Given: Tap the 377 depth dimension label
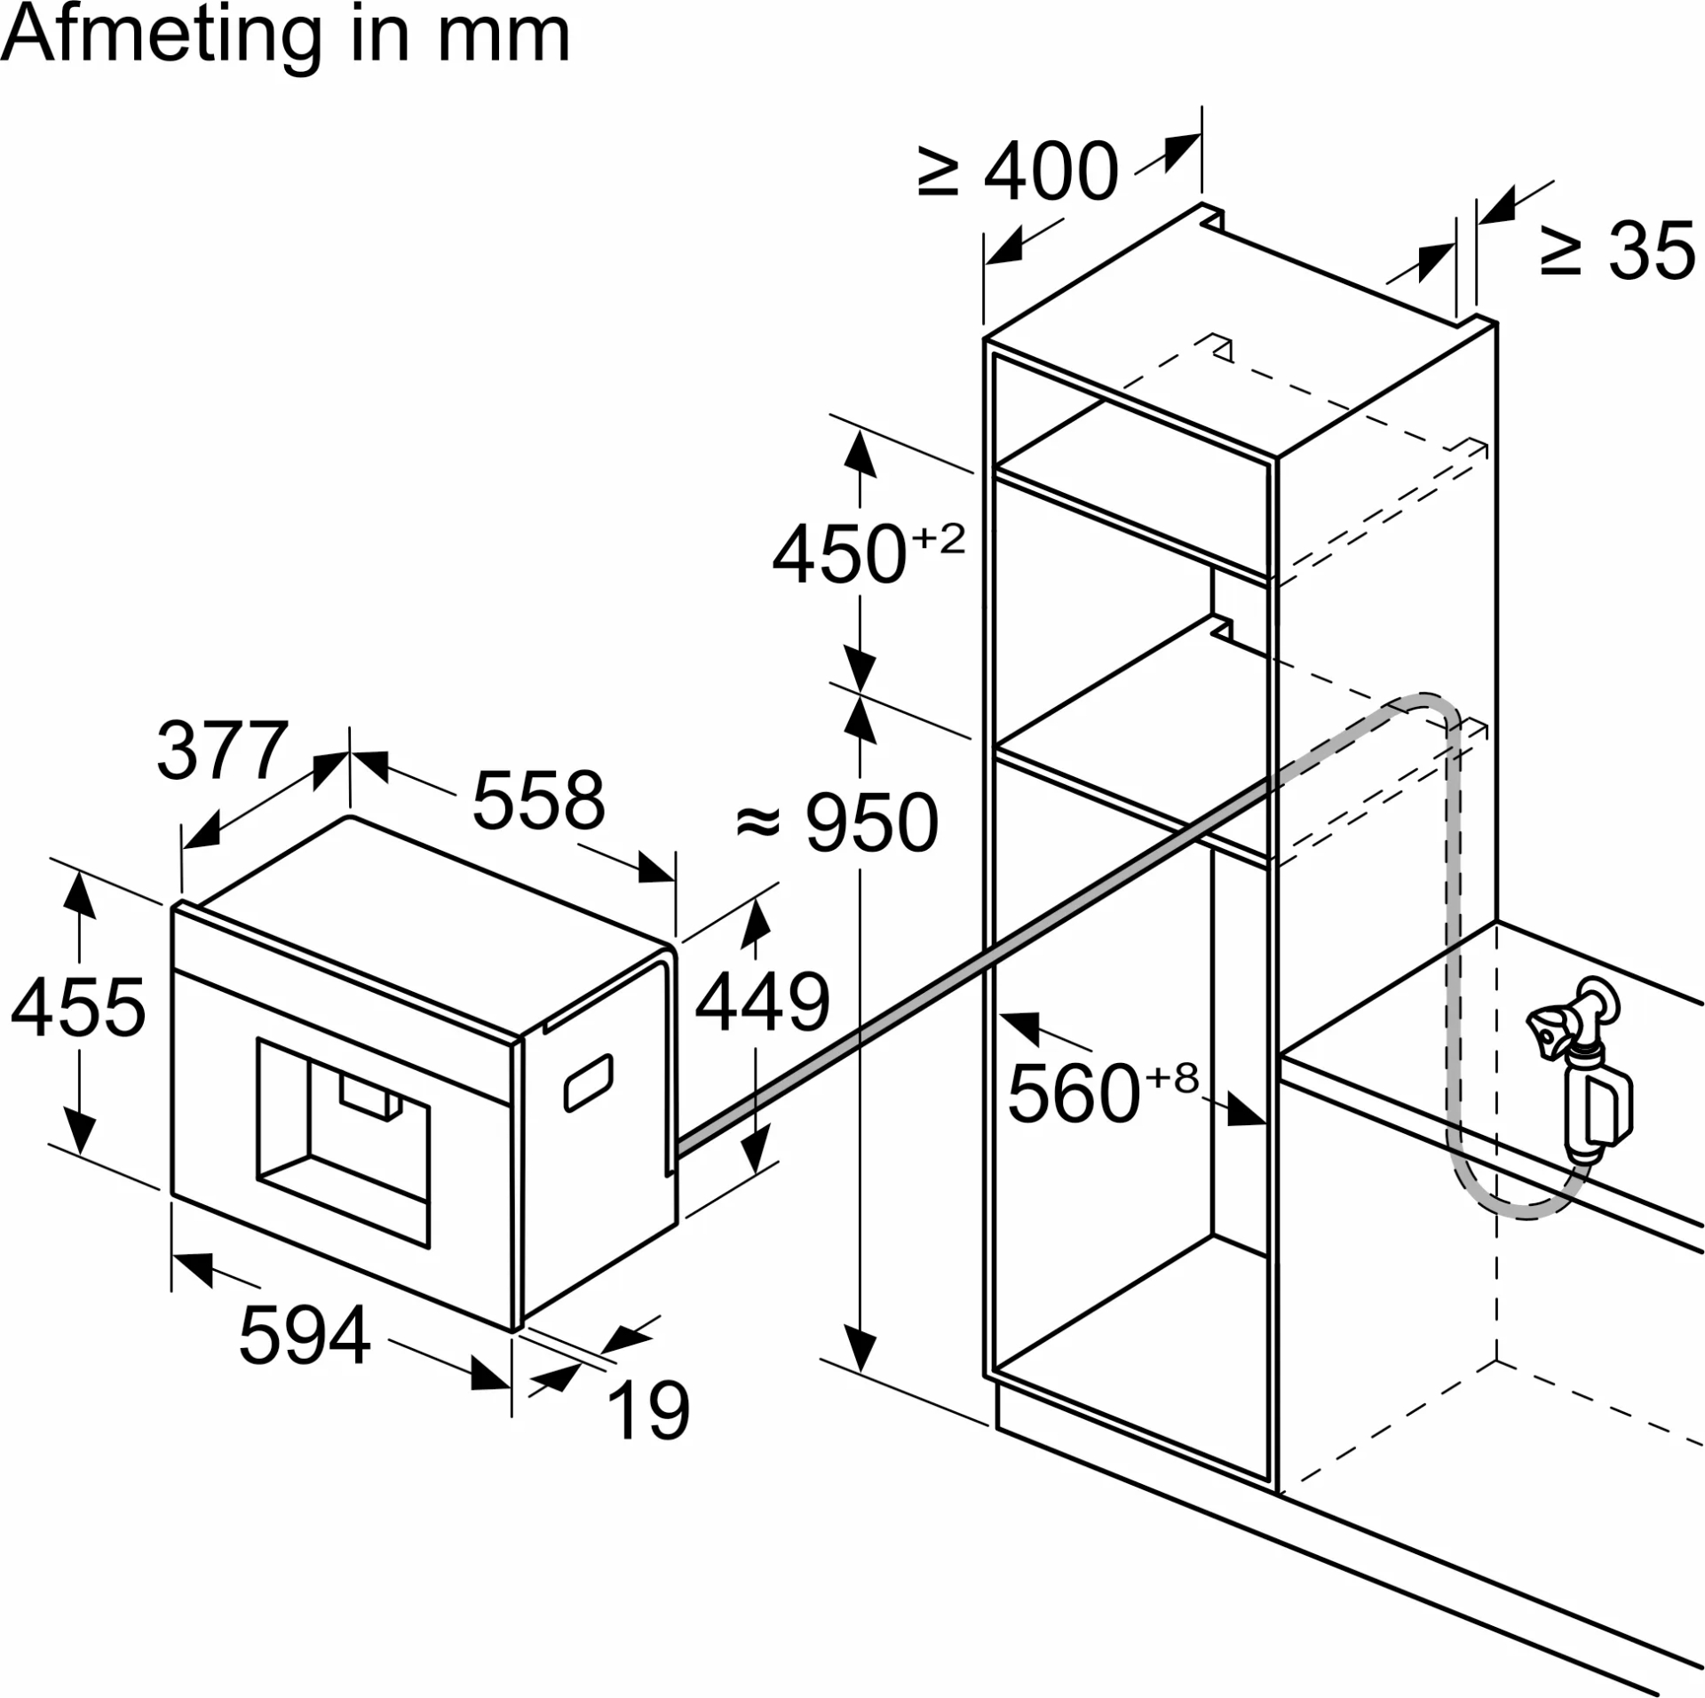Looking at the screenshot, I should pos(222,750).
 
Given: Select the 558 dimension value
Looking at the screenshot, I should pos(538,800).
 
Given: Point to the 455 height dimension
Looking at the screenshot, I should pos(78,1007).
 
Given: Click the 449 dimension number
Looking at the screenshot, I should pos(762,1003).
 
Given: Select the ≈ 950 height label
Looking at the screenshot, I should pos(837,822).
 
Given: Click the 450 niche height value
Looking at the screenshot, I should pos(839,555).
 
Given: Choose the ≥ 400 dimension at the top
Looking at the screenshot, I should pos(1019,171).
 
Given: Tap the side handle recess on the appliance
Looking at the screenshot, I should pos(589,1083).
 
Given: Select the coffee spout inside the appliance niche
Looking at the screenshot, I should pos(369,1099).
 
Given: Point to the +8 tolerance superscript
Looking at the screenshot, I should pos(1172,1078).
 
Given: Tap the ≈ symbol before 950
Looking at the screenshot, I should pos(758,822).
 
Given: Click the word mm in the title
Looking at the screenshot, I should pos(504,37).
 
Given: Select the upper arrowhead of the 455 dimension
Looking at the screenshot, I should pos(80,893).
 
